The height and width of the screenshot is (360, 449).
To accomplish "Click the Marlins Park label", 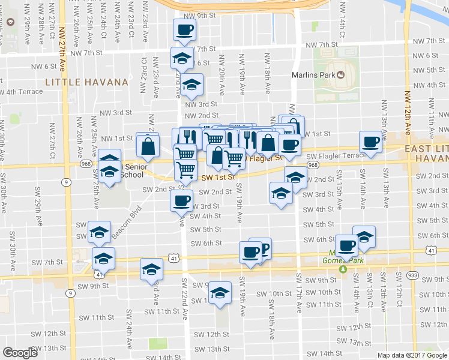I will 313,75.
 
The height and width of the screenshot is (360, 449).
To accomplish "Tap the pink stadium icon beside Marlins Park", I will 341,75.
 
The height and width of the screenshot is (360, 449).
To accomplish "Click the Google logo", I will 20,353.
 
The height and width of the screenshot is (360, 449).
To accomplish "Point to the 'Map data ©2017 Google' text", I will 412,355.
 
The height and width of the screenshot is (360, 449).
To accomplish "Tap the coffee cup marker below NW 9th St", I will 184,29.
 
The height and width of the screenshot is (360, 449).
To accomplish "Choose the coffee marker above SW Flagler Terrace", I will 370,142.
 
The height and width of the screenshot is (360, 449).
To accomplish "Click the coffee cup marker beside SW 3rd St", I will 182,200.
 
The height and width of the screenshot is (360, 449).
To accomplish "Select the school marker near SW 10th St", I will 220,292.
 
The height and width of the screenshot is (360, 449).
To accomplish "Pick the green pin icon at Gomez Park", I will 343,269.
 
